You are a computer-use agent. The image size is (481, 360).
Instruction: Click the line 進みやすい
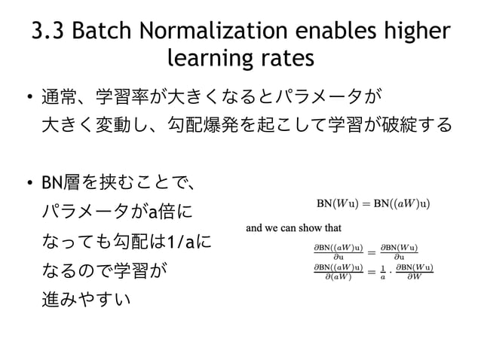pos(86,300)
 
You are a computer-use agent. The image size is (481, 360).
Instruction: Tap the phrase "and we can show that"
pos(295,228)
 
